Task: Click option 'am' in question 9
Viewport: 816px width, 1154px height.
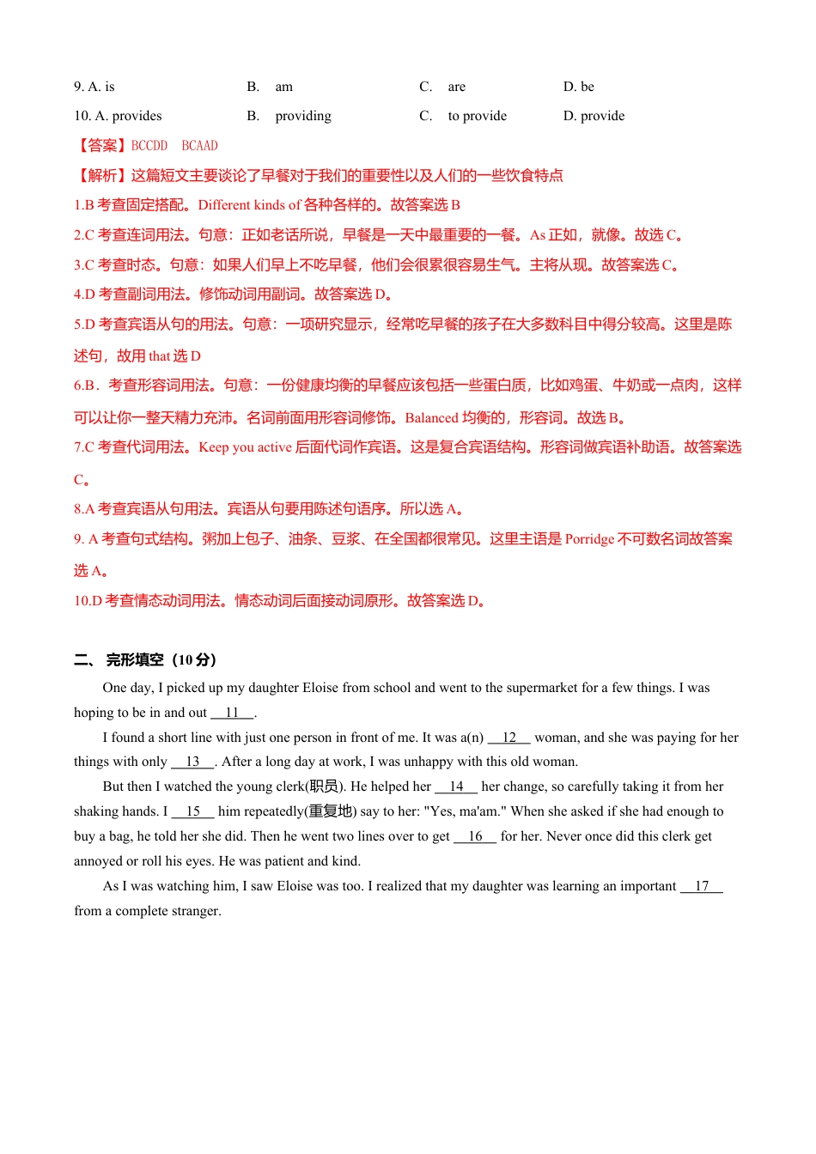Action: point(283,87)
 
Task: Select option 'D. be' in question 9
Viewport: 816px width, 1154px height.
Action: point(578,87)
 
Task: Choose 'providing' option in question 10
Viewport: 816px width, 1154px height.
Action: point(302,116)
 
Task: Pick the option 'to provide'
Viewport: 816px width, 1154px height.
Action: point(477,116)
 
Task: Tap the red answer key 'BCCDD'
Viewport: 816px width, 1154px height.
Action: point(149,146)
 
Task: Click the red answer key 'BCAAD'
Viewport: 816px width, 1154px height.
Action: point(200,146)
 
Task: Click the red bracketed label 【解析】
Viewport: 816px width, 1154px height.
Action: point(102,176)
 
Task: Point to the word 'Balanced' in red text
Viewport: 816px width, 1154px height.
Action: point(431,418)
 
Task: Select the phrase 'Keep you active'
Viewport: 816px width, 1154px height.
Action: point(245,447)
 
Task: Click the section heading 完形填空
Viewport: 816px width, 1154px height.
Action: point(135,660)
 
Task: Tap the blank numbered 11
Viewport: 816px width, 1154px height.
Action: point(232,713)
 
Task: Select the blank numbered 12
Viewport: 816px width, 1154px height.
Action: point(509,738)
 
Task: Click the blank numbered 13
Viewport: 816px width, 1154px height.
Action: point(192,762)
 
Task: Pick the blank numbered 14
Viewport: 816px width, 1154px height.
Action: point(456,787)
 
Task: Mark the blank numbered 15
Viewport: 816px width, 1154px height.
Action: point(192,811)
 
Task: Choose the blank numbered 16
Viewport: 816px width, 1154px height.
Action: point(475,836)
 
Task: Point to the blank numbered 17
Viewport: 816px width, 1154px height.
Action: point(702,886)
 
